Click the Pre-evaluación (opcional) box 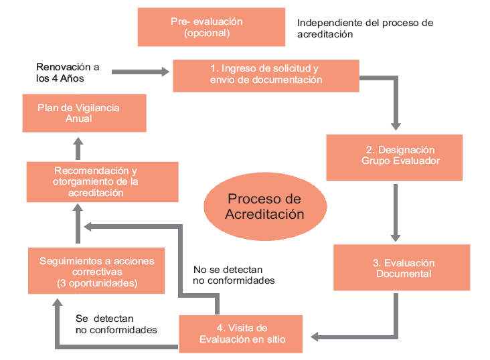pos(206,27)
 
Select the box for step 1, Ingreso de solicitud pos(266,74)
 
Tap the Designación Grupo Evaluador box pos(394,156)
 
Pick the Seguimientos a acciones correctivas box pos(96,271)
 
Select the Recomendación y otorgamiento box pos(102,181)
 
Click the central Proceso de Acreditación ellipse pos(264,207)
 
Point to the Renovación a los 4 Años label pos(67,72)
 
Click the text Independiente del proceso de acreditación pos(365,28)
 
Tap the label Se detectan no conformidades pos(116,325)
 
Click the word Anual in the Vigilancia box pos(78,118)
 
